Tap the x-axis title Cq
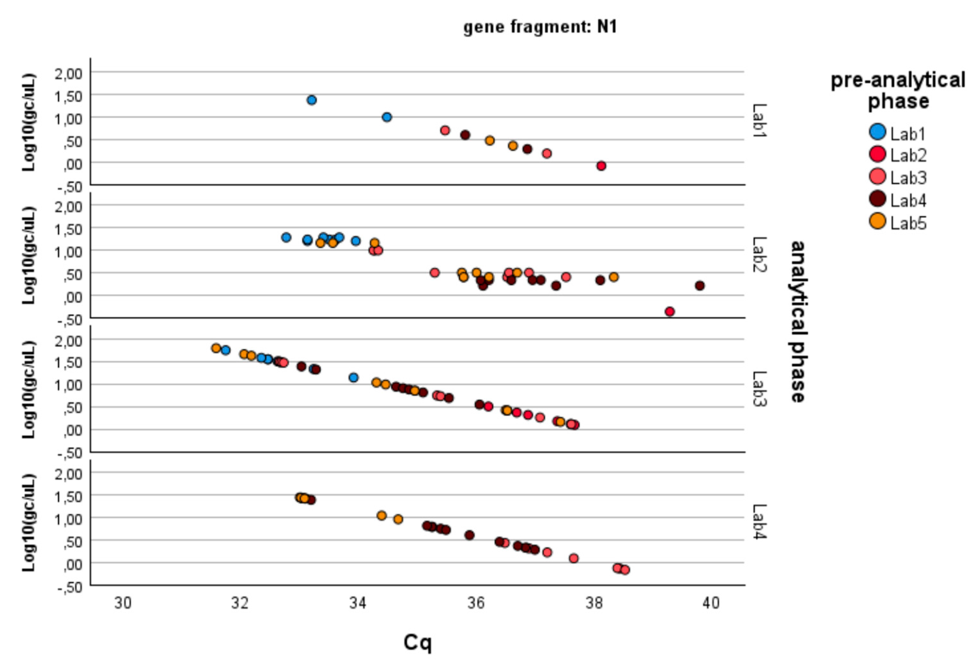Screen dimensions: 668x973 [417, 642]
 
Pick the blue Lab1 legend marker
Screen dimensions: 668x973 [877, 132]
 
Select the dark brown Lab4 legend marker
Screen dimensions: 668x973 [877, 200]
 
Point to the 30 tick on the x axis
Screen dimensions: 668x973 [123, 603]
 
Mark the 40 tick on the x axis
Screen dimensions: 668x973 [711, 603]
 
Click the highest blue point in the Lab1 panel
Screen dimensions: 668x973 [311, 100]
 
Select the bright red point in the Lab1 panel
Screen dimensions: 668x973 [601, 166]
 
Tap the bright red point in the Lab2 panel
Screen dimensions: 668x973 [669, 311]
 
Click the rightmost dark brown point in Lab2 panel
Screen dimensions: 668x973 [700, 286]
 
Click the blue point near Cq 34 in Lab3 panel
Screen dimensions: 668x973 [353, 377]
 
